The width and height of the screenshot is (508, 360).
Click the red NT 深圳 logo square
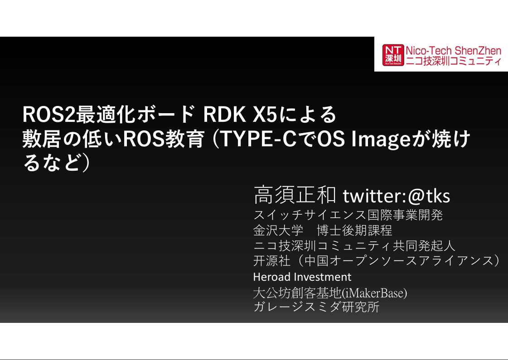(x=392, y=55)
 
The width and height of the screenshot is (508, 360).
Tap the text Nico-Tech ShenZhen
(x=453, y=50)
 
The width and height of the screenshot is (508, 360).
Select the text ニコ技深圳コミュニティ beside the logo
(x=453, y=62)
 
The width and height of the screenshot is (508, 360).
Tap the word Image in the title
(x=380, y=140)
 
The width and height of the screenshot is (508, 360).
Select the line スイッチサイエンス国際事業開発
(x=348, y=215)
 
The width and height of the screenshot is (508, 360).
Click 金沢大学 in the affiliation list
(x=278, y=230)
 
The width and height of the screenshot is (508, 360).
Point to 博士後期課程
(x=354, y=230)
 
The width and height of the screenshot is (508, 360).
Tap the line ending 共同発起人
(x=354, y=246)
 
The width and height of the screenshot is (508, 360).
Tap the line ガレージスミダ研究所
(x=316, y=307)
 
